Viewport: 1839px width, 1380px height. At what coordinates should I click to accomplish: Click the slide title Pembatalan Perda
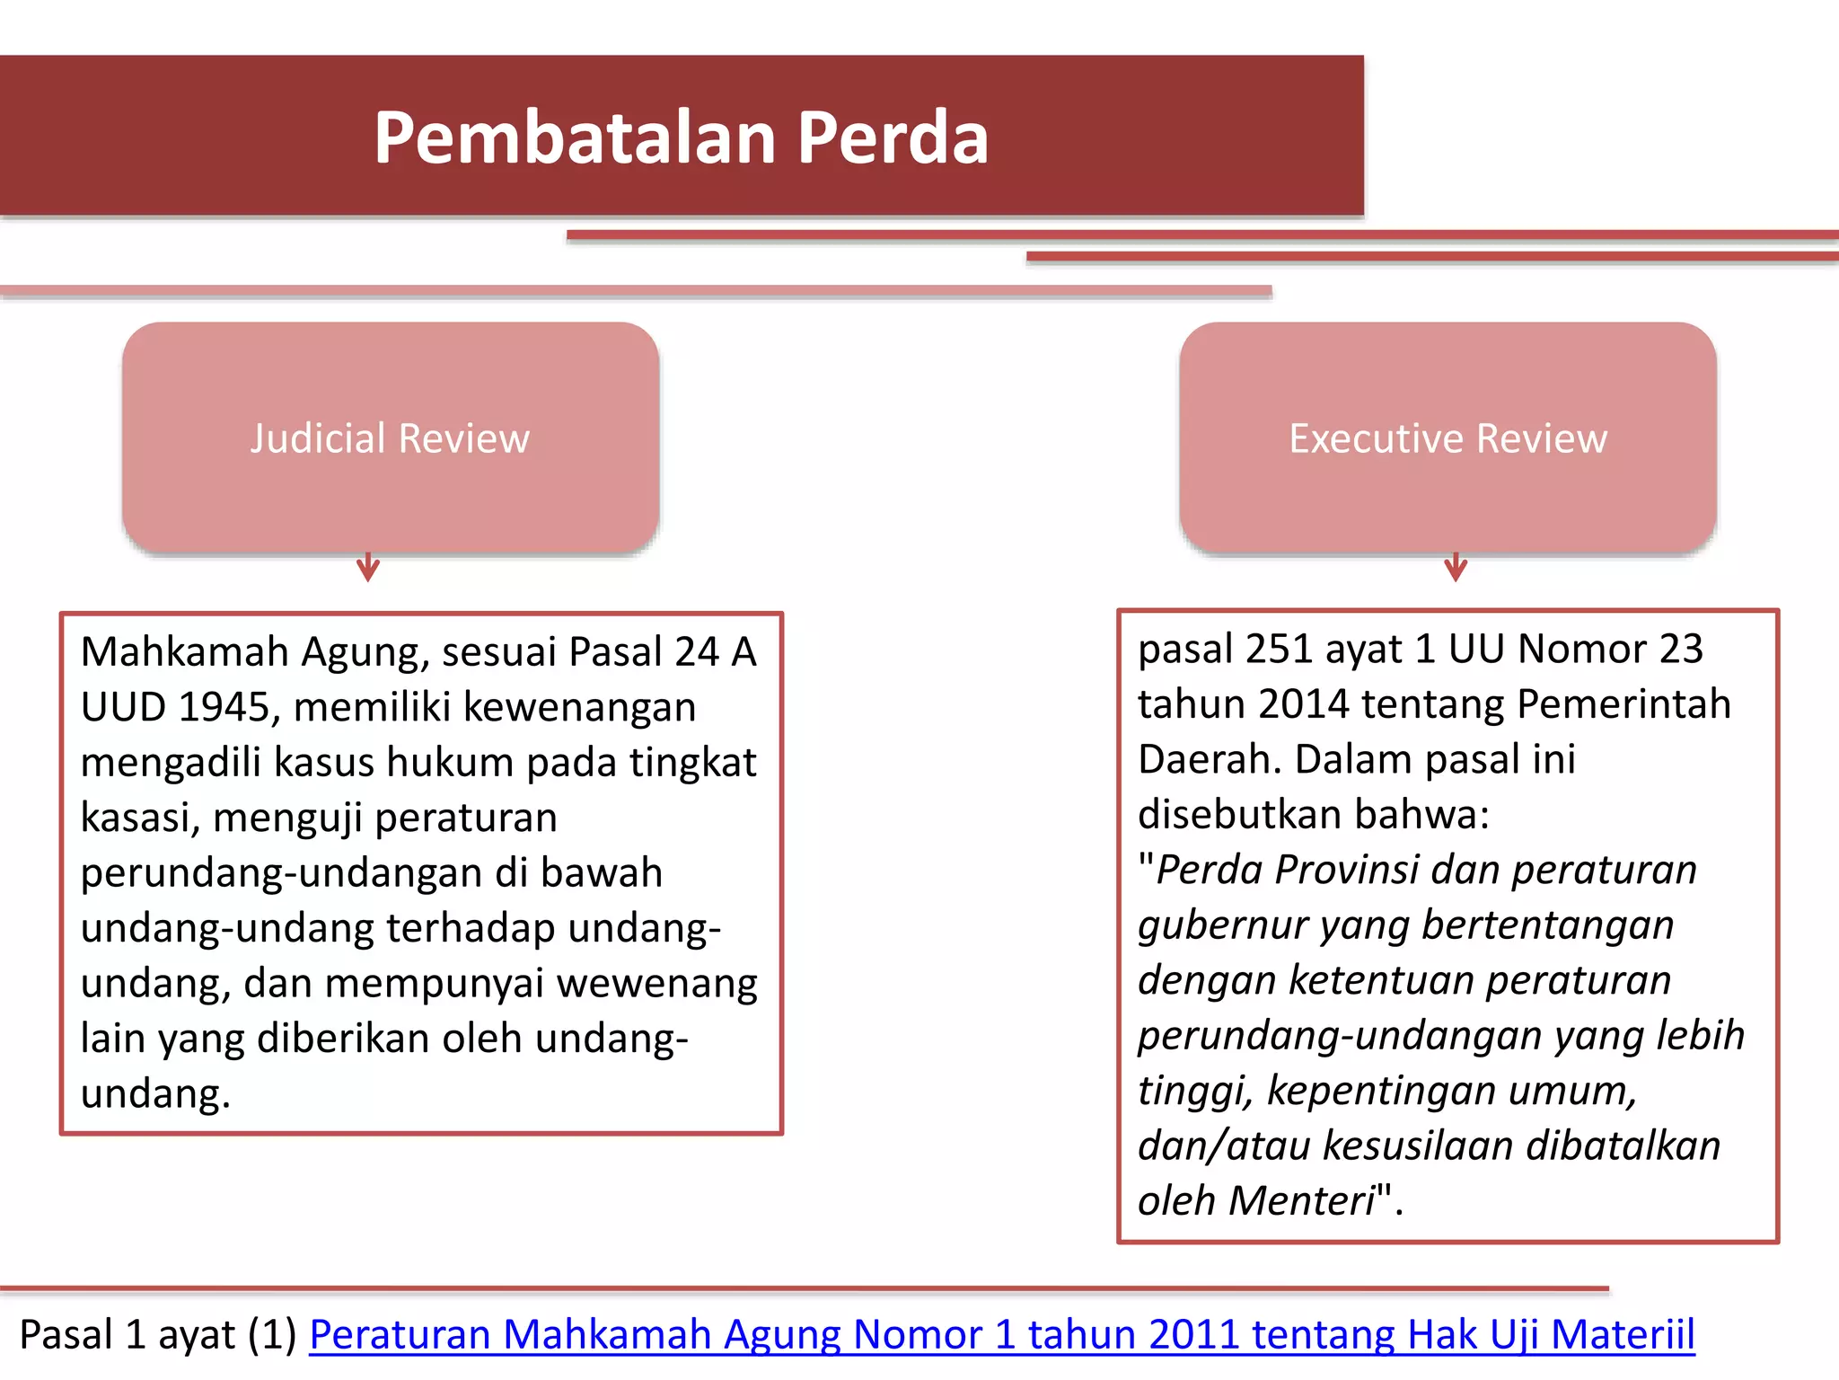(681, 137)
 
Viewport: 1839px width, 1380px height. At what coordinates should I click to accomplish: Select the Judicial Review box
(391, 438)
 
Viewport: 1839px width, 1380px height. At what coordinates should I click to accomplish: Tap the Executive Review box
(1447, 438)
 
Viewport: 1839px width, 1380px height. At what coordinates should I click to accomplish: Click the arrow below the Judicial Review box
(368, 567)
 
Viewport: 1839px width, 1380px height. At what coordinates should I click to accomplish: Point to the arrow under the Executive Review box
(1456, 567)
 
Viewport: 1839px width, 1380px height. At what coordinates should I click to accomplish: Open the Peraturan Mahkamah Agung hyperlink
(1001, 1334)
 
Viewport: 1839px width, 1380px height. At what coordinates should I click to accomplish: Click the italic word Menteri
(1301, 1200)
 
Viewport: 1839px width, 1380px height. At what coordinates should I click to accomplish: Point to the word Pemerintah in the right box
(1623, 704)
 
